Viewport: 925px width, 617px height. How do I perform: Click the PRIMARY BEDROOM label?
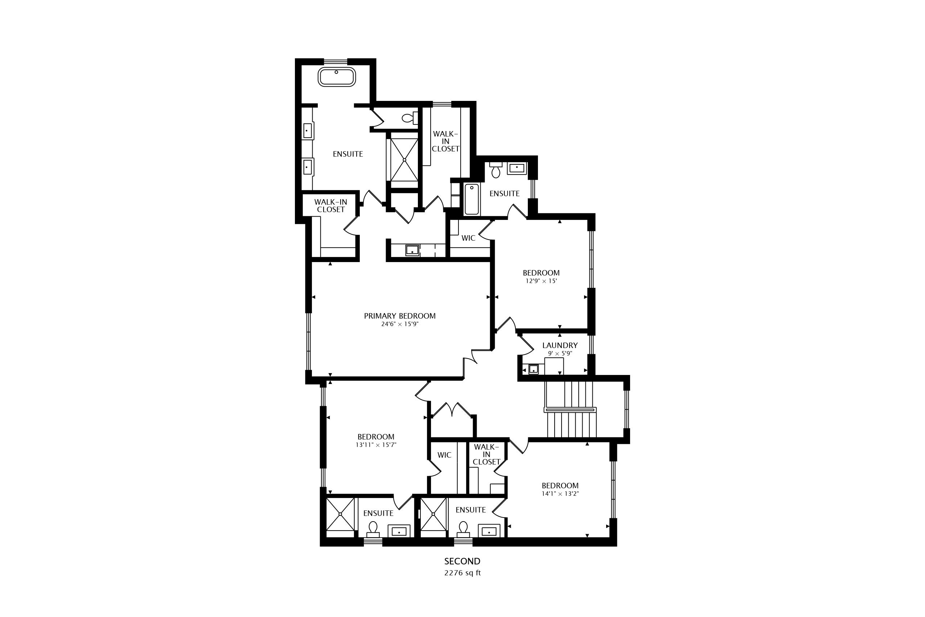click(x=400, y=316)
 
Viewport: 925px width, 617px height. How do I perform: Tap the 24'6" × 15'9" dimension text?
click(x=400, y=324)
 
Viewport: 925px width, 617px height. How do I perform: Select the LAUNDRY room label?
click(x=560, y=345)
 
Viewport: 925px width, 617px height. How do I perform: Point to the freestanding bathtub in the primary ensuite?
click(x=337, y=77)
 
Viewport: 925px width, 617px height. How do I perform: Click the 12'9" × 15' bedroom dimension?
click(x=541, y=281)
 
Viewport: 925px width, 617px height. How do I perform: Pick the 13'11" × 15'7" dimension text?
click(x=376, y=445)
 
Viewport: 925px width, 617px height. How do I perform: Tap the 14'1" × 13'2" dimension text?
click(x=560, y=494)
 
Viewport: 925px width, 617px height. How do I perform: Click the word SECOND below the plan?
click(x=462, y=561)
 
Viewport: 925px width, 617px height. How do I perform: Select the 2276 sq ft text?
click(x=462, y=573)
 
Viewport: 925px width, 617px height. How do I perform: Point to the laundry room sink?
click(x=533, y=369)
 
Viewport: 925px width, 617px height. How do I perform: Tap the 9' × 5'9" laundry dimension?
click(x=560, y=354)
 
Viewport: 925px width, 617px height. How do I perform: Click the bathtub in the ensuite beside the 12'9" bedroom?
click(x=472, y=199)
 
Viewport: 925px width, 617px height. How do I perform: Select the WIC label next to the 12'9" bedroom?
click(x=468, y=238)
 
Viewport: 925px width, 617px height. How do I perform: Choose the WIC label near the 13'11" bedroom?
click(x=444, y=455)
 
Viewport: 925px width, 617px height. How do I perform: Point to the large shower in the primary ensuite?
click(x=404, y=159)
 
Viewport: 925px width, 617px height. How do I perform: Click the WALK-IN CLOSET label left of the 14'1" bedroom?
click(x=486, y=454)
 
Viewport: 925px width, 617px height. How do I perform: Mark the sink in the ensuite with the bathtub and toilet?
click(x=517, y=168)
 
